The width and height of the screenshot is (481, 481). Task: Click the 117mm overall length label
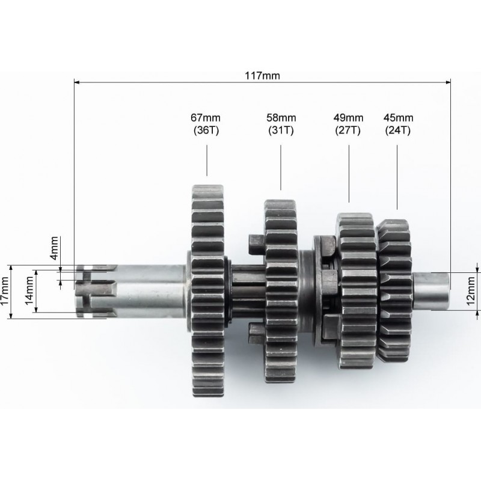tap(262, 76)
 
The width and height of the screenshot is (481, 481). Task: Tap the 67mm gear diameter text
tap(206, 117)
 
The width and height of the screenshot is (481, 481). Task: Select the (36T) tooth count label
tap(206, 130)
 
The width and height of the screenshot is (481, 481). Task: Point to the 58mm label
tap(281, 117)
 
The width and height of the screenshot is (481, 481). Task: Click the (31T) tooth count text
tap(281, 130)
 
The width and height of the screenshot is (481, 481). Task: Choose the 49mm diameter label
tap(348, 117)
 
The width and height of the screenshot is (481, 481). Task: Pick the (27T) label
tap(348, 130)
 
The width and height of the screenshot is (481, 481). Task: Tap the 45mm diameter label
tap(398, 117)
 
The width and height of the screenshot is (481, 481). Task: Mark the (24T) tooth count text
tap(398, 130)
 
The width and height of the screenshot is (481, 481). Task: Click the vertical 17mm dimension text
tap(5, 291)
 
